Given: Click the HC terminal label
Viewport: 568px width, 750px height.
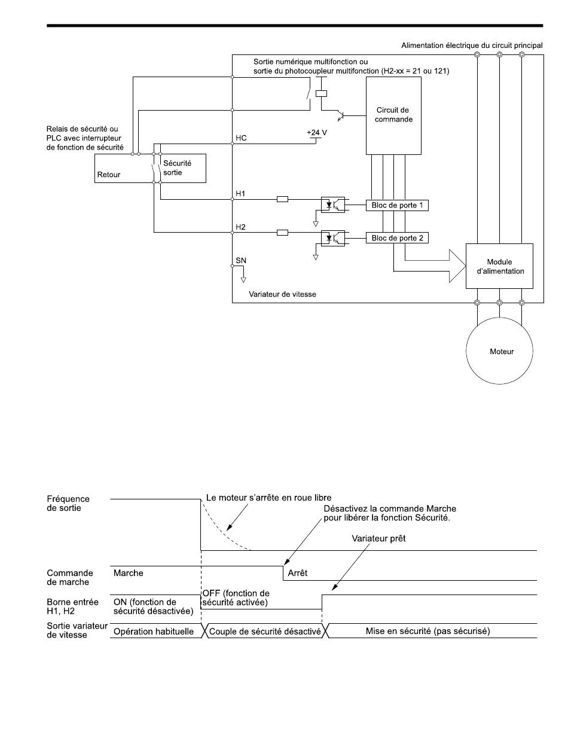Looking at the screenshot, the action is [241, 138].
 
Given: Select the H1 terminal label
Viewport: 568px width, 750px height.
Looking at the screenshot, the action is [240, 193].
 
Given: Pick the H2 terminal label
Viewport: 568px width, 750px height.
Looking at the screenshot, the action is [240, 227].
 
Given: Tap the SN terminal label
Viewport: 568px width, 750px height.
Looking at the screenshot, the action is [241, 260].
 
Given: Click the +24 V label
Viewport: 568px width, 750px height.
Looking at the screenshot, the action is [317, 132].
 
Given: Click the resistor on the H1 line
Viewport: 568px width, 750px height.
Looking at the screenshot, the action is [282, 199].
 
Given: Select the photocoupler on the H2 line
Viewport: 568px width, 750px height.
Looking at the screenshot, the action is [332, 238].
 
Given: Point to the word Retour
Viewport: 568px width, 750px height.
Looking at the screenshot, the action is [109, 175].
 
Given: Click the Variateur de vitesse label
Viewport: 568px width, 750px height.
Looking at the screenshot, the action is [282, 294].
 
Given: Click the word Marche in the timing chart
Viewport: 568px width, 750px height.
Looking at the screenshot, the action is [128, 573].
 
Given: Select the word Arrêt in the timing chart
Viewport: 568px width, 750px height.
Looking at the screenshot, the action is [297, 573].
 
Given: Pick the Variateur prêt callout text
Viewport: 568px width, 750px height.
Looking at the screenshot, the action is [378, 539].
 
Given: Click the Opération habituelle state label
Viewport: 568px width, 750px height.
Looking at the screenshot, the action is [153, 632].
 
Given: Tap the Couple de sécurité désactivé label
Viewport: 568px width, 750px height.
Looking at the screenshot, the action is [265, 632].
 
